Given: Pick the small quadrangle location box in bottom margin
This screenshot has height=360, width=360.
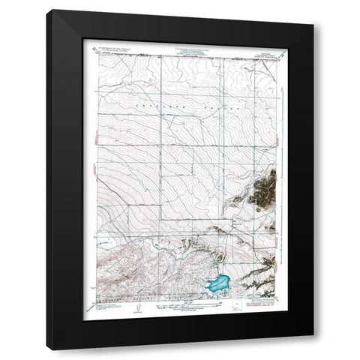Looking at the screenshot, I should coord(238,307).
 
